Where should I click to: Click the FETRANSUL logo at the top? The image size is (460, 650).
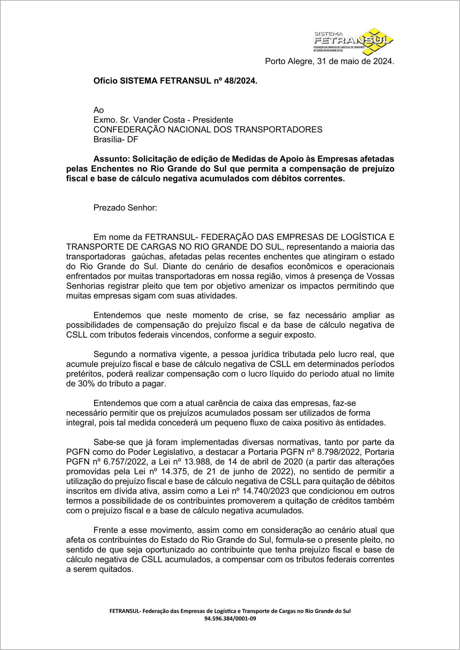click(x=353, y=41)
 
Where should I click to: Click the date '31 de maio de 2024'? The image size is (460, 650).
click(x=356, y=61)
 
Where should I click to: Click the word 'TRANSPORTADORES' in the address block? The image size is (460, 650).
click(x=278, y=129)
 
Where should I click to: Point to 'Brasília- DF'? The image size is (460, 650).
click(x=116, y=140)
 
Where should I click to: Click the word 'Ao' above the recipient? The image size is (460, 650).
click(x=98, y=110)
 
